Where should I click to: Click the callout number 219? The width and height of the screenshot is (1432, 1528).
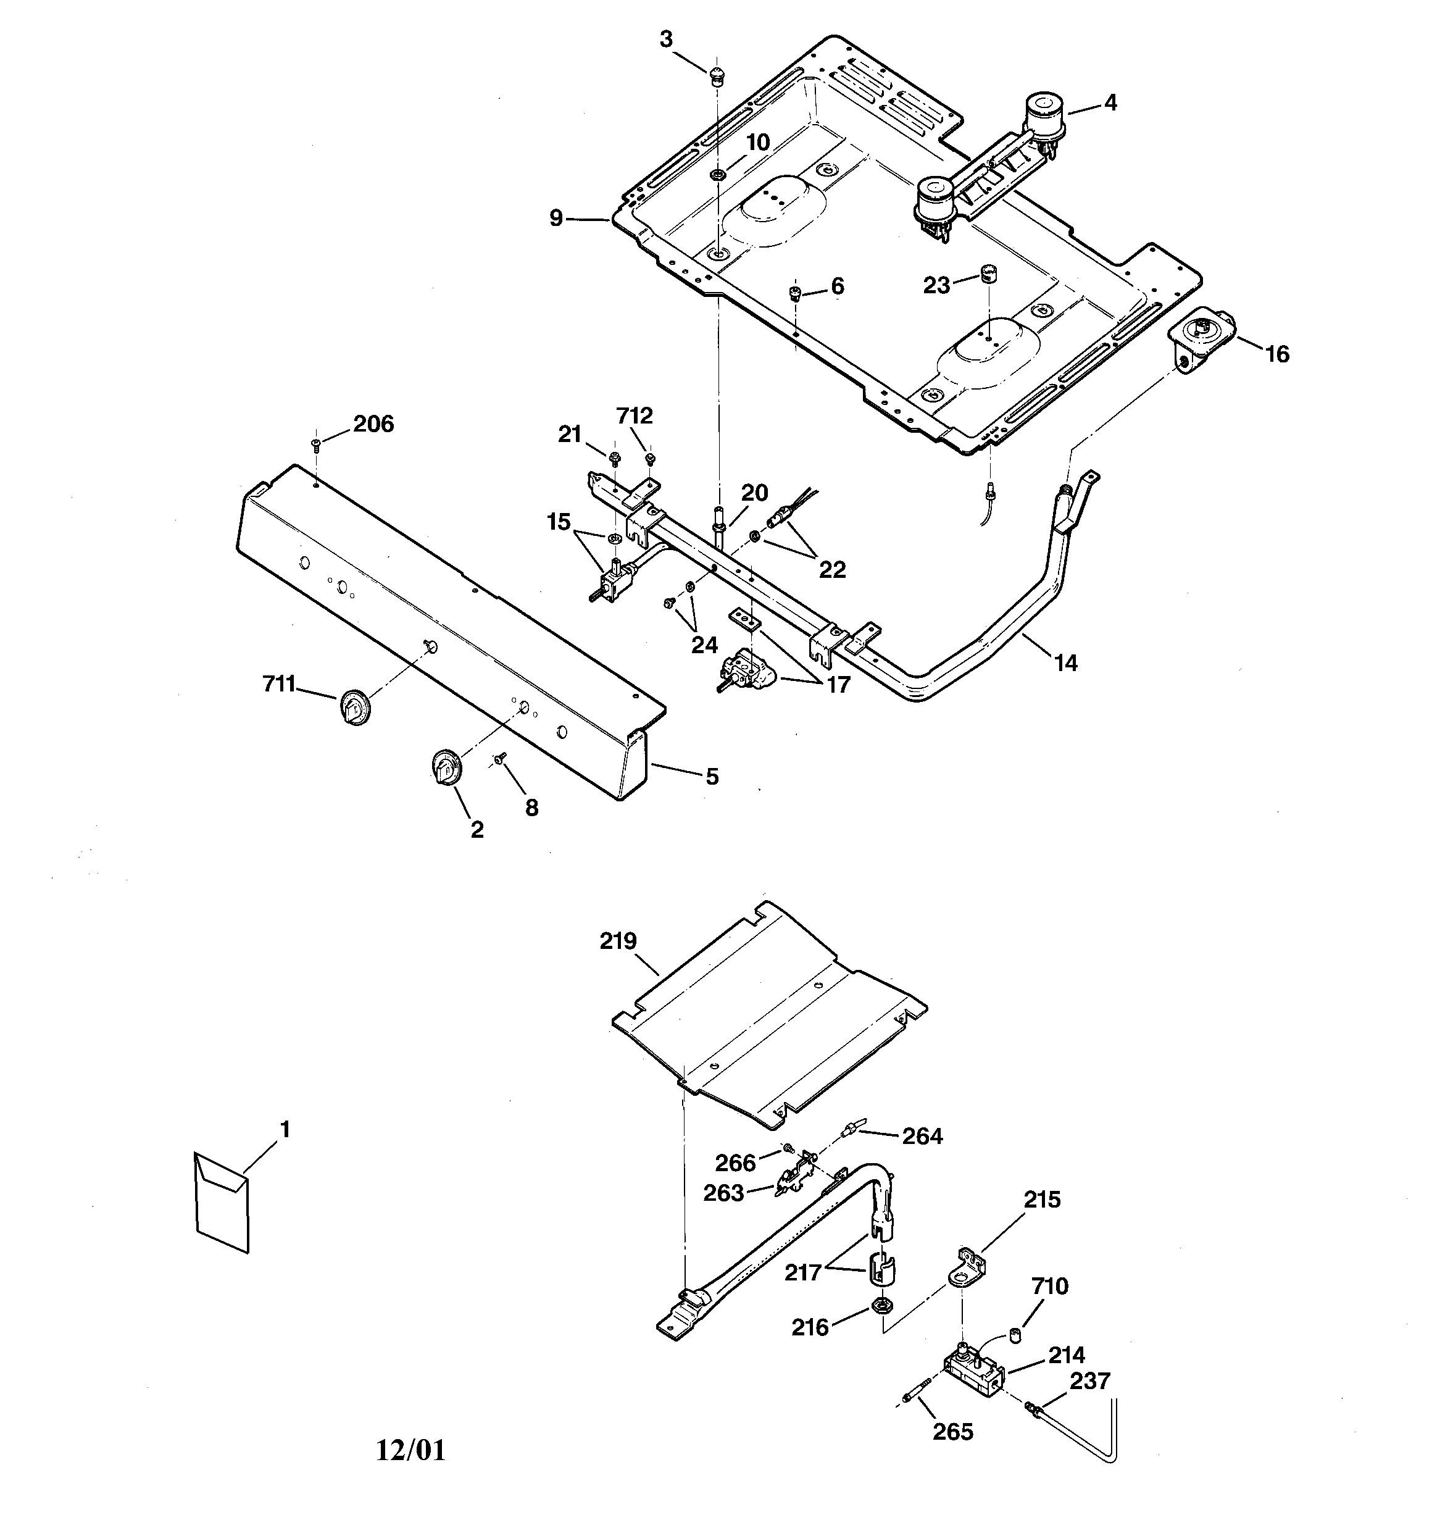point(618,941)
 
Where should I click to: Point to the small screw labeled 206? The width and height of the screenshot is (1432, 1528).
point(316,443)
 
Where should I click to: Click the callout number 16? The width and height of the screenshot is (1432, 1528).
point(1276,354)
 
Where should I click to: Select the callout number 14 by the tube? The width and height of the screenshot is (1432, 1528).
point(1065,662)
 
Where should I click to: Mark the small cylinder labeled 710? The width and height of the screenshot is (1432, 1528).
point(1015,1335)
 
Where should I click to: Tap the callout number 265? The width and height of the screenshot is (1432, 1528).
point(952,1431)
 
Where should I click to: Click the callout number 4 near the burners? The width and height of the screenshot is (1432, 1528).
point(1110,102)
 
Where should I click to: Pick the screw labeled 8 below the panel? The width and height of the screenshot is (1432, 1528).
point(501,758)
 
